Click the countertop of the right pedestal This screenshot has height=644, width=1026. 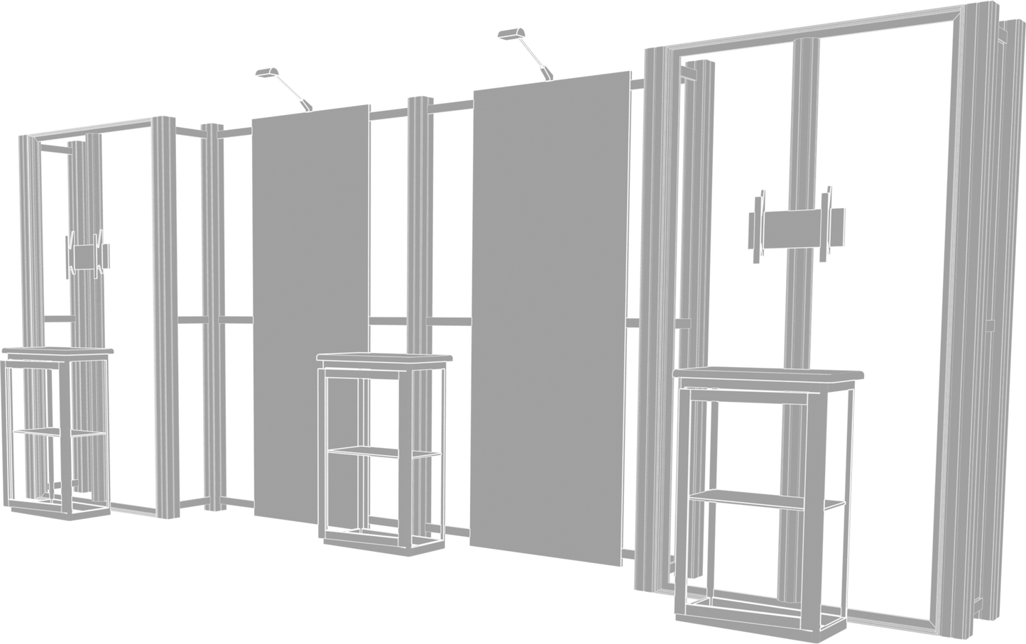(x=769, y=373)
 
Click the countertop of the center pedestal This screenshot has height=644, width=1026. (x=384, y=357)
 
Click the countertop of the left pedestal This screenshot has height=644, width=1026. (x=57, y=351)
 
